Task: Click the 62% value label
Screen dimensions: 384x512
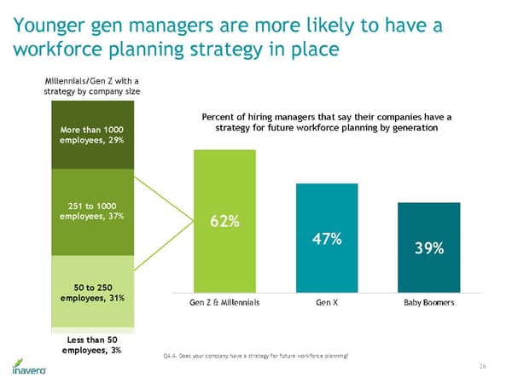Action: click(224, 222)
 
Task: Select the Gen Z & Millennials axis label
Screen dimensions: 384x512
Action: click(225, 303)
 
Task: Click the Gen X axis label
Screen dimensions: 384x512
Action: click(327, 303)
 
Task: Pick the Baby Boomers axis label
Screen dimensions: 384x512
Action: click(428, 303)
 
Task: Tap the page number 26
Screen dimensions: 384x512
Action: click(482, 365)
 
